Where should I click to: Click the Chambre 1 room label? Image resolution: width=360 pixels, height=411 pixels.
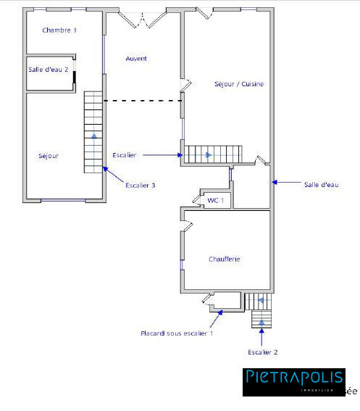coord(59,30)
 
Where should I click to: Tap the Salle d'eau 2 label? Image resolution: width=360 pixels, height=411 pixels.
coord(49,70)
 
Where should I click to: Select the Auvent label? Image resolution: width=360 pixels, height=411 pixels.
coord(136,58)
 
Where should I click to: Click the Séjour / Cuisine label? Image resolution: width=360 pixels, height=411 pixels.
coord(239,84)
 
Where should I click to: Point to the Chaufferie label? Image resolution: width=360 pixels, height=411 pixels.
coord(224,259)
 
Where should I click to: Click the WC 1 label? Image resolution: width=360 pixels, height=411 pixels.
coord(216,199)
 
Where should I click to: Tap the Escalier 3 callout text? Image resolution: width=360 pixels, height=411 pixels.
coord(141,186)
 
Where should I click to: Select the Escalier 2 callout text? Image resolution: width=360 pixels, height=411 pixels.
coord(263,352)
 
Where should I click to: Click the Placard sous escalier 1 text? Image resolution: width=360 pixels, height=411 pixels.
coord(177,333)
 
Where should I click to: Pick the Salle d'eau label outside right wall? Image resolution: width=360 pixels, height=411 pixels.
coord(321,185)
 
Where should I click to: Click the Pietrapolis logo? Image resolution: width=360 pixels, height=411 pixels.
coord(293,381)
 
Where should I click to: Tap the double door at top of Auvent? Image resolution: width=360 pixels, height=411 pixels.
coord(143,18)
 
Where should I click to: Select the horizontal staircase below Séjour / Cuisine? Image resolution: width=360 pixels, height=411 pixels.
coord(212,154)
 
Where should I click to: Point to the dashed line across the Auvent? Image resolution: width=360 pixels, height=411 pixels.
coord(143,101)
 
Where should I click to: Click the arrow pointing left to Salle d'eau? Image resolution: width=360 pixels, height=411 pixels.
coord(286,184)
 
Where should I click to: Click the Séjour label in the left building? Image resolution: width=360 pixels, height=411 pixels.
coord(49,156)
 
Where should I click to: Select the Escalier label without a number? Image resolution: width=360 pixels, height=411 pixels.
coord(125,154)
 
